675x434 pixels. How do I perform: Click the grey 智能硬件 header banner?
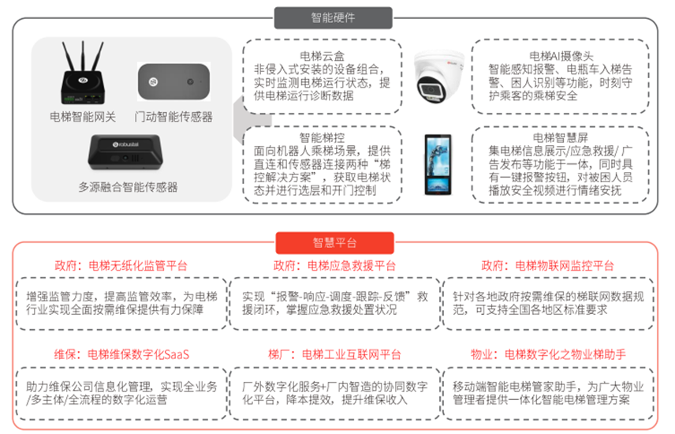pyautogui.click(x=333, y=17)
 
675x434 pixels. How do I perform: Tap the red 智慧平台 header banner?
pyautogui.click(x=334, y=242)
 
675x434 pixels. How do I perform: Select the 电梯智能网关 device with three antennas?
pyautogui.click(x=83, y=74)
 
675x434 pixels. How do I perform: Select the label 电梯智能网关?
pyautogui.click(x=83, y=117)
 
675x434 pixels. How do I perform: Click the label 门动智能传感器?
pyautogui.click(x=173, y=117)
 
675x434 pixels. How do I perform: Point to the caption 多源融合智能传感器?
pyautogui.click(x=128, y=187)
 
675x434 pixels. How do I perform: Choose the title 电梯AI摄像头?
pyautogui.click(x=559, y=55)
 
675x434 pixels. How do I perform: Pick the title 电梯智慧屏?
pyautogui.click(x=560, y=137)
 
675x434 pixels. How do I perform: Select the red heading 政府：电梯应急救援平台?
pyautogui.click(x=334, y=264)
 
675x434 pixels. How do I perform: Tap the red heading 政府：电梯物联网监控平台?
pyautogui.click(x=548, y=264)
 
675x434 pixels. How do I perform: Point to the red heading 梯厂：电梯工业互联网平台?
pyautogui.click(x=334, y=354)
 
